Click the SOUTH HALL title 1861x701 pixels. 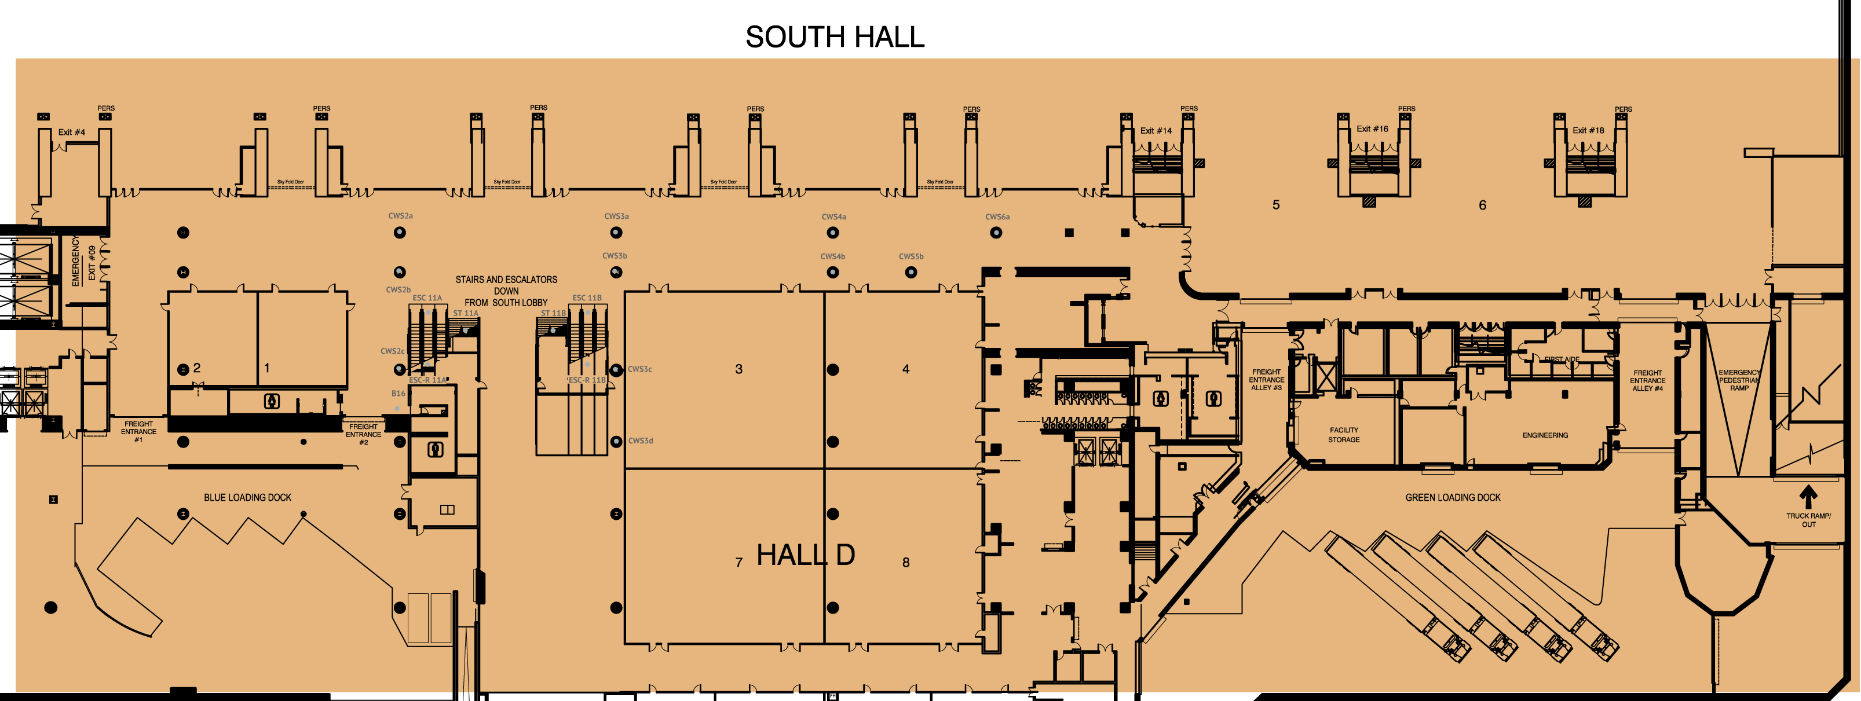tap(835, 38)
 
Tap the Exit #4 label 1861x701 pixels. tap(71, 132)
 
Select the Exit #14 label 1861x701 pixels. tap(1156, 131)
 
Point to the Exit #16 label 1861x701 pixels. tap(1372, 129)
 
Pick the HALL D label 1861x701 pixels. tap(806, 555)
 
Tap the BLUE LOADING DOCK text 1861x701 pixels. tap(247, 497)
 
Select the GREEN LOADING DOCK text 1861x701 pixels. tap(1452, 497)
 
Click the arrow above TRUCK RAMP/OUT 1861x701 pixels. tap(1808, 497)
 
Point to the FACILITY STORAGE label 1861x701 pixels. tap(1344, 435)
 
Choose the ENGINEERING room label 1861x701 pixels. tap(1545, 435)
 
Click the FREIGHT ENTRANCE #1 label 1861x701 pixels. tap(138, 432)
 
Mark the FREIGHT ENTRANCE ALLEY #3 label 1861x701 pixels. tap(1266, 380)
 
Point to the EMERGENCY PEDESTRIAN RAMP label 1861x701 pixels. tap(1739, 380)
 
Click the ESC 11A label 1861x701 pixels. tap(427, 298)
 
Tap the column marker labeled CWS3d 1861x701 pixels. tap(616, 441)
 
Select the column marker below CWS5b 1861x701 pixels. tap(911, 272)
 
